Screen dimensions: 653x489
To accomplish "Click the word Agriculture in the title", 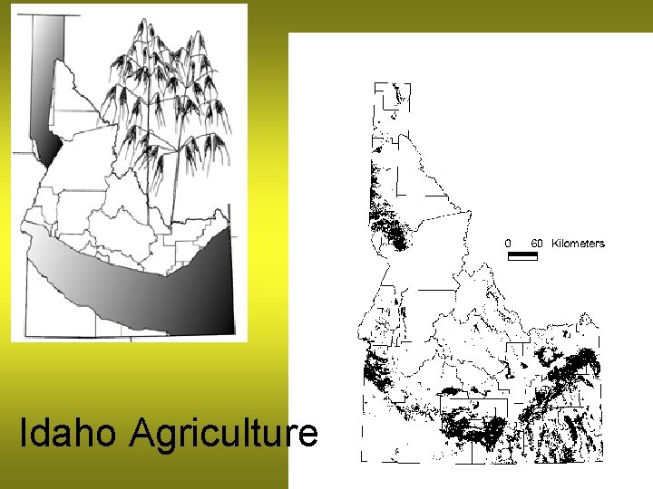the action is [x=223, y=435].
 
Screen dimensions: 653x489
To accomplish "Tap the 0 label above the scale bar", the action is [x=508, y=243].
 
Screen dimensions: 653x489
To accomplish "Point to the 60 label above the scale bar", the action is [x=537, y=243].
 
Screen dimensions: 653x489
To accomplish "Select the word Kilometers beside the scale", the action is [x=578, y=243].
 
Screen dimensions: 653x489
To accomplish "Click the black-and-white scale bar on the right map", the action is [x=522, y=255].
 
